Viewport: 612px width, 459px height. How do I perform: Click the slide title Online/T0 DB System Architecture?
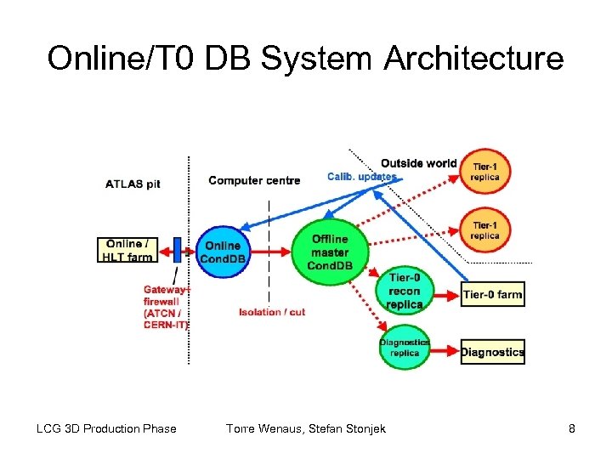coord(305,59)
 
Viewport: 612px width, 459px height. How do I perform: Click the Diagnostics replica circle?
coord(405,347)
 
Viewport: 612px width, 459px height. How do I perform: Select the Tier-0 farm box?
coord(493,295)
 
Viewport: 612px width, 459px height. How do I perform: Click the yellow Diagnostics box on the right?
coord(493,351)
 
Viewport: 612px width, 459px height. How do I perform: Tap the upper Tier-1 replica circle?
coord(486,170)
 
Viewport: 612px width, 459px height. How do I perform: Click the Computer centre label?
coord(254,179)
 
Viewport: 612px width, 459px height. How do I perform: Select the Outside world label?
coord(418,163)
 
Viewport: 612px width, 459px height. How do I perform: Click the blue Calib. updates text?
coord(361,177)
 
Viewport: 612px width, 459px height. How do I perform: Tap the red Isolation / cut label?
coord(272,312)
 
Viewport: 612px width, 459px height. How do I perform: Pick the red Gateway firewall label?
coord(166,306)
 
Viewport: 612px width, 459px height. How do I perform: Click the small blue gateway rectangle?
coord(178,248)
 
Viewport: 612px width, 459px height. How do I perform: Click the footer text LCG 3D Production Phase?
coord(106,428)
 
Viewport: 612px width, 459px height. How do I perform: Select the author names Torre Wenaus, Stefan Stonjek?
coord(306,428)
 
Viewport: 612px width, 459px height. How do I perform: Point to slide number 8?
coord(572,428)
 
